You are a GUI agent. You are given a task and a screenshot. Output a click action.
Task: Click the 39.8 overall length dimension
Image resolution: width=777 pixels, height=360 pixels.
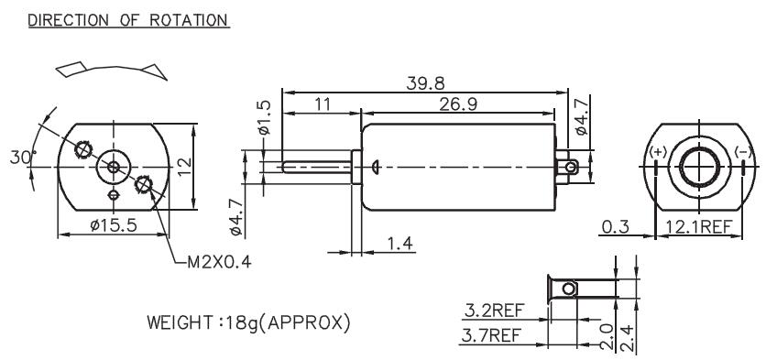click(x=425, y=83)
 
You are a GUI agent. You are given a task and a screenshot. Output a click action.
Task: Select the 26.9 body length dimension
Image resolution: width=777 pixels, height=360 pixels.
click(x=458, y=104)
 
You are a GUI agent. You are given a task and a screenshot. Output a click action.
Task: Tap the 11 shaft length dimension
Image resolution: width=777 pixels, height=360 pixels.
click(x=323, y=104)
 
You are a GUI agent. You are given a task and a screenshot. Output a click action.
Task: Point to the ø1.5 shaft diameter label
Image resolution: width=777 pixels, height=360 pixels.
click(x=264, y=117)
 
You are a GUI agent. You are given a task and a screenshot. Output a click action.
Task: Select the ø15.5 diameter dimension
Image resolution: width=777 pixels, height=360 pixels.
click(x=114, y=226)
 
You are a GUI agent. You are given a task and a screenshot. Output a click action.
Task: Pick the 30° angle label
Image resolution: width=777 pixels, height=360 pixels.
click(x=23, y=158)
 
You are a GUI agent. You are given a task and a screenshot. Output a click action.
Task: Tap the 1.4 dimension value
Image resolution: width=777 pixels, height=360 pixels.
click(x=399, y=244)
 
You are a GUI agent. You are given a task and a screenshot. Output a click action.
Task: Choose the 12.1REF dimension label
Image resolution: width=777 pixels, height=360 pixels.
click(x=699, y=227)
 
